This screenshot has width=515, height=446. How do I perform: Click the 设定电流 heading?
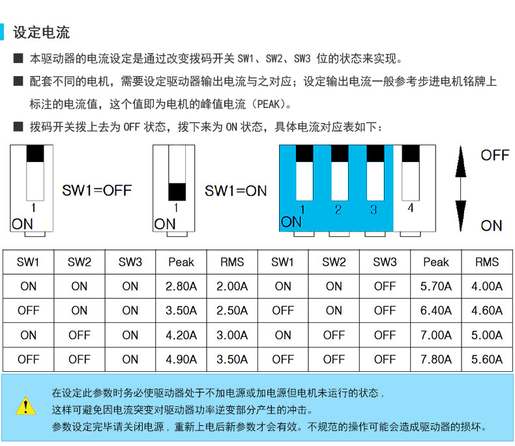click(x=41, y=33)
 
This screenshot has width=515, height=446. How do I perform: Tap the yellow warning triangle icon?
click(x=25, y=406)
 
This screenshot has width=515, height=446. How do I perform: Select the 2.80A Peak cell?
click(x=181, y=286)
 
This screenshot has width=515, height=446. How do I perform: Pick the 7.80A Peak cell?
click(x=436, y=359)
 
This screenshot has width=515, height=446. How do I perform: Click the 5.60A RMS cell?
click(x=487, y=359)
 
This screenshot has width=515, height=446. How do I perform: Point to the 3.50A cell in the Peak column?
click(x=181, y=311)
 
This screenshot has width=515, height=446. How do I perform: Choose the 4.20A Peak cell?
click(x=181, y=335)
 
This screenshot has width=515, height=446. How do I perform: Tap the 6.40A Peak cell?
click(x=436, y=311)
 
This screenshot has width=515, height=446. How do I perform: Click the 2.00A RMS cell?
click(x=232, y=286)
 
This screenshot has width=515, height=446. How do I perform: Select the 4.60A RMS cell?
click(x=487, y=311)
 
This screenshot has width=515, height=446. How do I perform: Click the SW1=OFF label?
click(x=97, y=191)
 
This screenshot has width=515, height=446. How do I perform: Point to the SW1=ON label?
click(x=235, y=191)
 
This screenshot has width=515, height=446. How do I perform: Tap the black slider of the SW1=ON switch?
click(x=177, y=192)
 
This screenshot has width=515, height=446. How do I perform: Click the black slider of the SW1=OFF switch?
click(x=35, y=154)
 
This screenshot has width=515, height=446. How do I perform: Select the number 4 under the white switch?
click(x=410, y=208)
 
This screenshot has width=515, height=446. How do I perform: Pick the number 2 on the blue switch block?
click(x=338, y=210)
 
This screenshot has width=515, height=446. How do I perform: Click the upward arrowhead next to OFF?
click(x=461, y=161)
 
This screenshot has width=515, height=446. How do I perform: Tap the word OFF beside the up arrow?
click(x=495, y=156)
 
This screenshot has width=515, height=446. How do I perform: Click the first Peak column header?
click(x=181, y=262)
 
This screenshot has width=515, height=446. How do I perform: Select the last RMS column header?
click(x=487, y=262)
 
